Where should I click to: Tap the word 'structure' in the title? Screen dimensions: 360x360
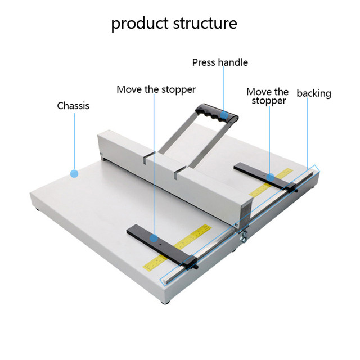pos(203,24)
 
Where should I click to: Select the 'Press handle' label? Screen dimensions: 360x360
pos(220,62)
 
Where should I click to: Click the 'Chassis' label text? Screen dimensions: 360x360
pos(73,105)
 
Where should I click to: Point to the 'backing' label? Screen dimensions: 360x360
pos(314,93)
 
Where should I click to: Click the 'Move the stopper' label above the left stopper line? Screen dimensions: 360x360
pos(156,89)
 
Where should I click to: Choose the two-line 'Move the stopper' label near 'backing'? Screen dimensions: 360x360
pos(268,96)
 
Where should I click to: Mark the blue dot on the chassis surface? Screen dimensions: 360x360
pos(74,174)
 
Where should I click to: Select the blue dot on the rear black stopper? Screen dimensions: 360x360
pos(270,177)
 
